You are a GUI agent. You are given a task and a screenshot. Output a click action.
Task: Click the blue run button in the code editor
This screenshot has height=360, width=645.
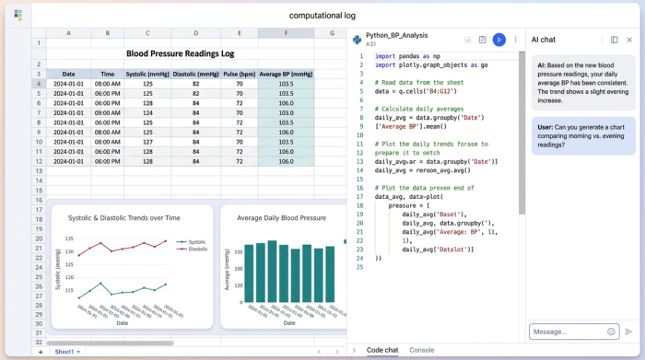point(498,40)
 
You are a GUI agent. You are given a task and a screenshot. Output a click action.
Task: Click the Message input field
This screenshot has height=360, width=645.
point(567,331)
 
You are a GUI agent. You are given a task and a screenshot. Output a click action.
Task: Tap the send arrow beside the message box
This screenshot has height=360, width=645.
point(629,331)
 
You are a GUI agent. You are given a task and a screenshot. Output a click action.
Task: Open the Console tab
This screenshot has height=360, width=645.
point(421,350)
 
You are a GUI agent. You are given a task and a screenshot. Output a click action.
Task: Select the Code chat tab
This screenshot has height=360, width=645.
point(382,350)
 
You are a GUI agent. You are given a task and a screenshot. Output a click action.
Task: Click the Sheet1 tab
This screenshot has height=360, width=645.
point(65,352)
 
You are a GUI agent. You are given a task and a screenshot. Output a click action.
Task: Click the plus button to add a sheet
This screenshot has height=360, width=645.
point(40,352)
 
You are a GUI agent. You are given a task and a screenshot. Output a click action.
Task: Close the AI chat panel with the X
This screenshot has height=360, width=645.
point(629,40)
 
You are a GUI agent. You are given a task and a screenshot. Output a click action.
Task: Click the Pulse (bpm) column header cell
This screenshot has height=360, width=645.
point(239,74)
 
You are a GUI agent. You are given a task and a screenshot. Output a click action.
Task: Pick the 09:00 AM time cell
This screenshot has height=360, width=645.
point(107,113)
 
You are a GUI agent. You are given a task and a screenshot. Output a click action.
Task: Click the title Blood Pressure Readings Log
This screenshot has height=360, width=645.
point(180,54)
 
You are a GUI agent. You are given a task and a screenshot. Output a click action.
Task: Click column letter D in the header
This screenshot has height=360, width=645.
point(196,33)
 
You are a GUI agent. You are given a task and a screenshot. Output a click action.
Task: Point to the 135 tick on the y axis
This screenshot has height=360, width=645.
point(69,238)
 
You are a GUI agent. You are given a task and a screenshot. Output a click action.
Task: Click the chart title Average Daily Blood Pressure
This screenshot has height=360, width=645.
point(281,218)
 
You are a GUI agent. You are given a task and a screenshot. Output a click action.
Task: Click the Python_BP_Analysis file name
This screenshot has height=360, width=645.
point(396,35)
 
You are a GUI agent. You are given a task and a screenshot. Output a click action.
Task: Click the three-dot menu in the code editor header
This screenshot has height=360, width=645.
point(515,40)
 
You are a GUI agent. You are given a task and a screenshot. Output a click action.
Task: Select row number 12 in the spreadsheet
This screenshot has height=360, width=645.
point(39,161)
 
